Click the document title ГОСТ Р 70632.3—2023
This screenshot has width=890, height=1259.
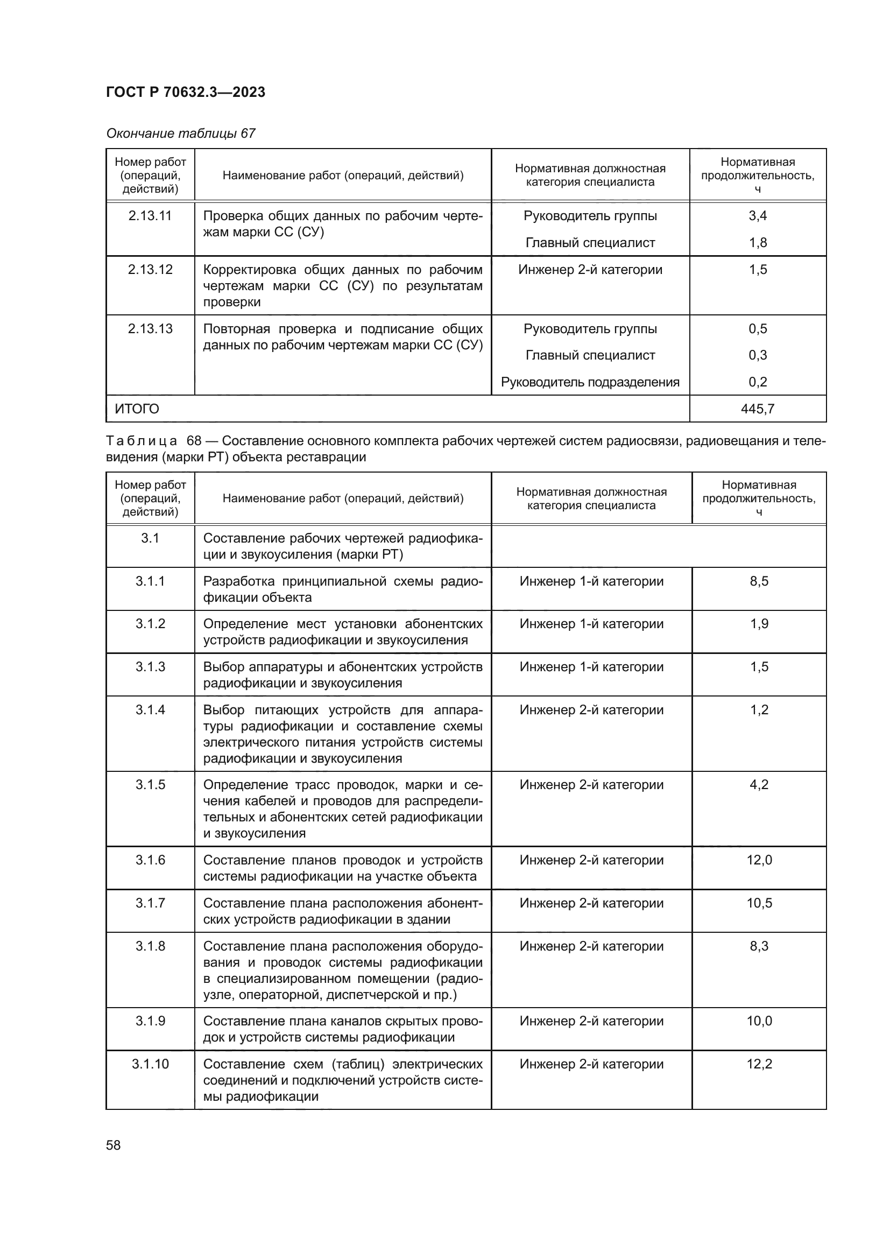point(185,92)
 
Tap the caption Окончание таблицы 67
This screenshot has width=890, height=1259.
point(180,133)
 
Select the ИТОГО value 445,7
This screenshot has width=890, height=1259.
point(758,409)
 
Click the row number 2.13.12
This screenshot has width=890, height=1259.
point(150,270)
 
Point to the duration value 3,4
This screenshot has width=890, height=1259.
point(758,216)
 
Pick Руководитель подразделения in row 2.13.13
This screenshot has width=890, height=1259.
point(590,382)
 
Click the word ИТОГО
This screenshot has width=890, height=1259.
point(137,409)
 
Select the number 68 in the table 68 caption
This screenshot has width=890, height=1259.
point(194,441)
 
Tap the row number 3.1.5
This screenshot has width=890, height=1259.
point(150,785)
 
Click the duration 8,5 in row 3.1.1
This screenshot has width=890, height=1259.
point(759,581)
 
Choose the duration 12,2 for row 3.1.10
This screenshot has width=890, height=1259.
point(759,1064)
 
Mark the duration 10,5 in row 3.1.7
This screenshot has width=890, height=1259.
point(759,903)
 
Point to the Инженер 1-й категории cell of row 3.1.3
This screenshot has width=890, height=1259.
point(591,667)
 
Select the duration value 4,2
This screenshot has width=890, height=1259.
point(759,785)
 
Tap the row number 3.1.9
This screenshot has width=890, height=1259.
point(150,1021)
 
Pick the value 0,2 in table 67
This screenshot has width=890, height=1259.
point(758,382)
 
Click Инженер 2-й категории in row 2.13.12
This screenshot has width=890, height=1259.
point(590,270)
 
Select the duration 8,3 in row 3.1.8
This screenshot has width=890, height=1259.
point(759,946)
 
